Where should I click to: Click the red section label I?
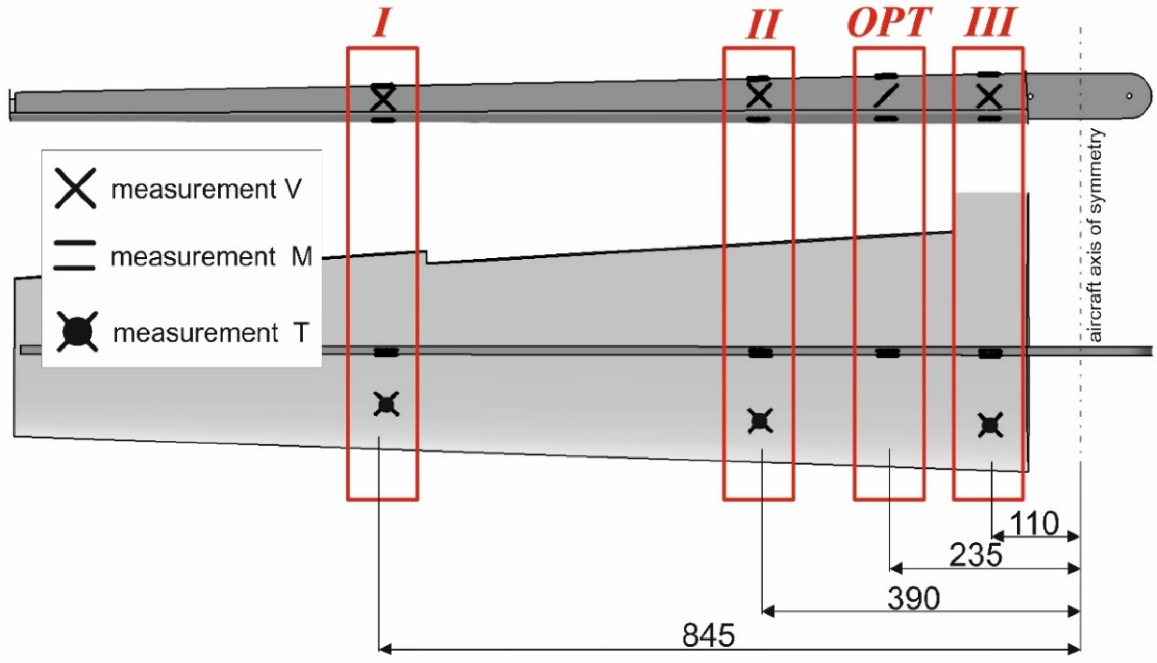[382, 24]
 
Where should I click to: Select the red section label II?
[762, 25]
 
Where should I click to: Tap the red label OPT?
[889, 23]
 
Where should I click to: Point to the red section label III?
[989, 23]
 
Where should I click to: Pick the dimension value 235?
[976, 555]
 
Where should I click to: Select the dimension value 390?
[913, 599]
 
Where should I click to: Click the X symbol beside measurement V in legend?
[75, 188]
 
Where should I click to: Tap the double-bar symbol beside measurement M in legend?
[75, 256]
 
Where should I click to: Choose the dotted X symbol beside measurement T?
[77, 332]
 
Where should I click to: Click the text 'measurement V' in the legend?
[206, 189]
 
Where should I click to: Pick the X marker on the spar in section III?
[989, 97]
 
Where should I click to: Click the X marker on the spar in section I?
[383, 99]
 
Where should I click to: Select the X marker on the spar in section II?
[759, 97]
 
